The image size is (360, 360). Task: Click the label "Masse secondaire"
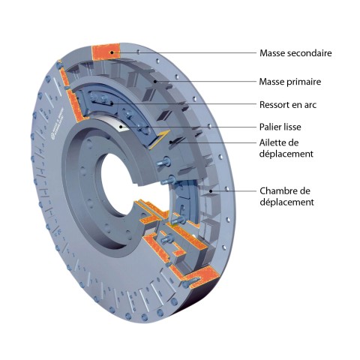coord(295,53)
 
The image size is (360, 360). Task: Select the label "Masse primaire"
coord(290,82)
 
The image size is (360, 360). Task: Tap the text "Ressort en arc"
coord(288,105)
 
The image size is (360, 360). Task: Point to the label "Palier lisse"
coord(280,127)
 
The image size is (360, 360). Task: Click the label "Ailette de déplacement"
coord(286,148)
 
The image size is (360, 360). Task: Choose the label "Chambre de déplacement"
coord(286,196)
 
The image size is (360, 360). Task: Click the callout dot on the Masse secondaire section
coord(112,52)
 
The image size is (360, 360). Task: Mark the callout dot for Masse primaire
coord(155,81)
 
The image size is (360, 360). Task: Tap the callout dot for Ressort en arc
coord(112,103)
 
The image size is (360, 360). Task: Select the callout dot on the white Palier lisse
coord(121,127)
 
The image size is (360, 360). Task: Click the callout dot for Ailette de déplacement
coord(171,142)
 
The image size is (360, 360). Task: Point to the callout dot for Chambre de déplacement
coord(211,191)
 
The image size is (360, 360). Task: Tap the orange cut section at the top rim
coord(106,52)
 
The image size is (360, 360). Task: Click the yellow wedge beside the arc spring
coord(160,139)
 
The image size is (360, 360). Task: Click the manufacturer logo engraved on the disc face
coord(57,124)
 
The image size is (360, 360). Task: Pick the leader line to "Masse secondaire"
coord(184,52)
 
